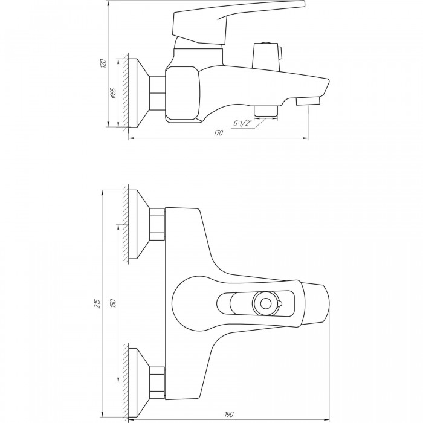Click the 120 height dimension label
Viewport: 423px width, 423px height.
103,63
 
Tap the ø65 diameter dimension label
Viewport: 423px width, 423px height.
113,93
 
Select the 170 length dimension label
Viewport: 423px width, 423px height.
219,133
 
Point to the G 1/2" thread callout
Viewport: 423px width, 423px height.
242,123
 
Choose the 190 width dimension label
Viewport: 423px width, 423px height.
229,414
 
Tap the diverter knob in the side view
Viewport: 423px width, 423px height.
267,56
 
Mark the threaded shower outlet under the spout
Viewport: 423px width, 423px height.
266,112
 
